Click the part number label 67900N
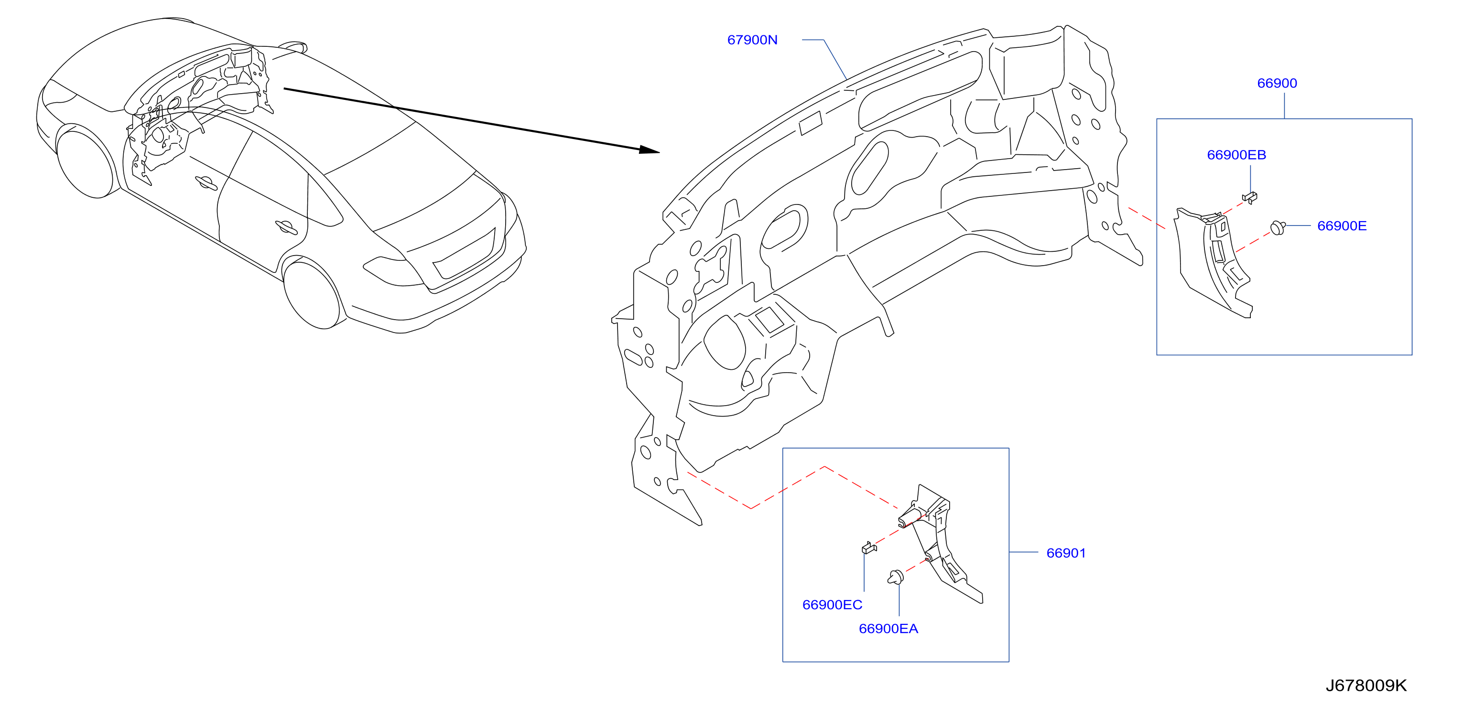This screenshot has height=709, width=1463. (x=752, y=40)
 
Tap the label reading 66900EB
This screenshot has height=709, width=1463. (x=1236, y=154)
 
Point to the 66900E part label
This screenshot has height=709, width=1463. (x=1342, y=226)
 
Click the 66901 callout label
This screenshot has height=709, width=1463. (x=1066, y=553)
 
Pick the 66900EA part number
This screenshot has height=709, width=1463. (x=888, y=628)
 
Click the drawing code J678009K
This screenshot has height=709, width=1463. (x=1366, y=685)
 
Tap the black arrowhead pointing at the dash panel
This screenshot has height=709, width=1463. (x=649, y=150)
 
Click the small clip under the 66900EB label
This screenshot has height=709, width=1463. (x=1249, y=197)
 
